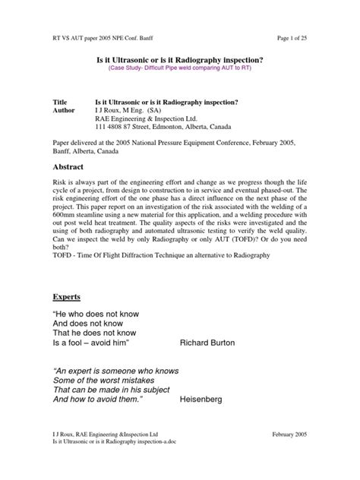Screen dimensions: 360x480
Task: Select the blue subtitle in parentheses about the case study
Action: pyautogui.click(x=180, y=68)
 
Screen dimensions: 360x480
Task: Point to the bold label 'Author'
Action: pyautogui.click(x=64, y=109)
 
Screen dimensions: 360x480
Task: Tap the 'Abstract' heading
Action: pyautogui.click(x=71, y=166)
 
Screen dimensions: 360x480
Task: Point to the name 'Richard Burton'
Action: pyautogui.click(x=207, y=343)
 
